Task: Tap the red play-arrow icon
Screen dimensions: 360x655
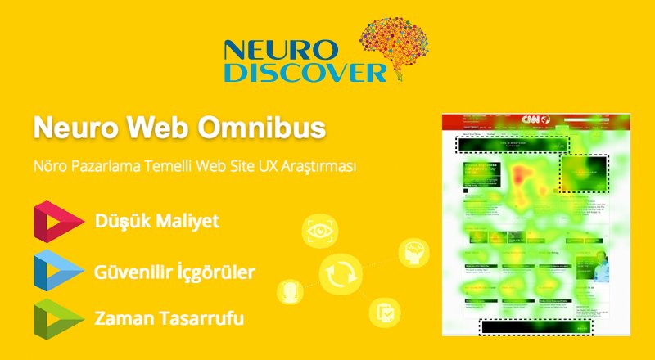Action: (x=58, y=222)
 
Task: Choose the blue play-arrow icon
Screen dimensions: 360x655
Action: (x=58, y=270)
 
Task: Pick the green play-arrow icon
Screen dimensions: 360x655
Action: (x=58, y=318)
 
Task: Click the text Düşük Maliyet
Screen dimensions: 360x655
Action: (x=156, y=222)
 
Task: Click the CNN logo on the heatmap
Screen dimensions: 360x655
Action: (x=535, y=120)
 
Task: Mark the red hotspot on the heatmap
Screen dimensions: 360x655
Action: (x=521, y=174)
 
